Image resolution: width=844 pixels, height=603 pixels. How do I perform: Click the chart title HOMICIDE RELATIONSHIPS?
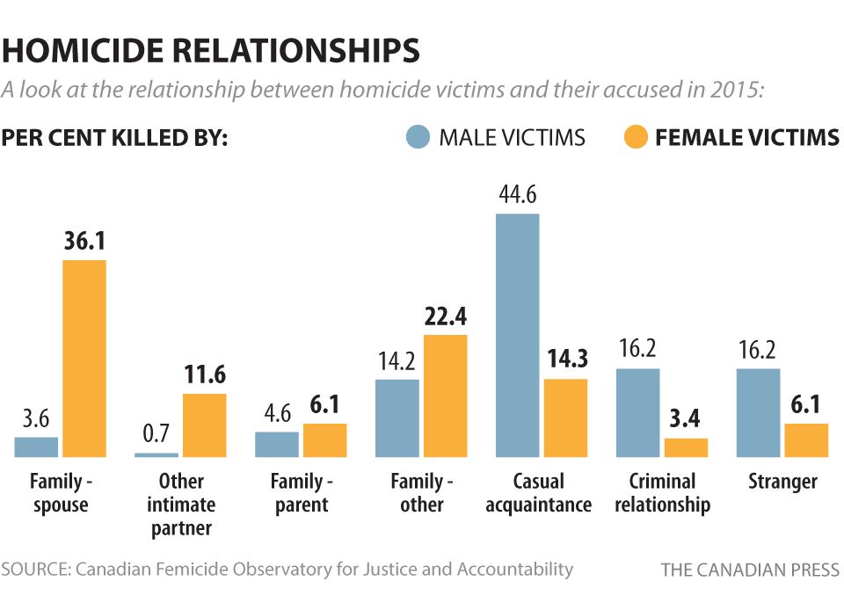211,50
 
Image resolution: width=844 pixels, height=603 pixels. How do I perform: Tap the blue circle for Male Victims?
418,138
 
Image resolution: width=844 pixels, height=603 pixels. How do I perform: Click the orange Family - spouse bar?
84,359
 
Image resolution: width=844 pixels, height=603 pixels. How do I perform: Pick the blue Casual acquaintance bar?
517,335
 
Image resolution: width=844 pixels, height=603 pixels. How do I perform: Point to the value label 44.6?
517,194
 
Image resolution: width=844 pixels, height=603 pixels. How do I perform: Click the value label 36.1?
84,241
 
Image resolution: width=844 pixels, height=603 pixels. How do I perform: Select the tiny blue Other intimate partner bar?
156,454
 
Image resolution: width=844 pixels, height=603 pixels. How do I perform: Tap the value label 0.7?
156,433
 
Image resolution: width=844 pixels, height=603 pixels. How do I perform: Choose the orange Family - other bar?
445,396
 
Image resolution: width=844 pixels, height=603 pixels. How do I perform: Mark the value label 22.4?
445,316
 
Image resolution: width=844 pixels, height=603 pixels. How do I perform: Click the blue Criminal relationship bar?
637,412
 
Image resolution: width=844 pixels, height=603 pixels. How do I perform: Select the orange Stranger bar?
806,440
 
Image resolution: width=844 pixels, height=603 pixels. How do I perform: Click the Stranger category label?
782,482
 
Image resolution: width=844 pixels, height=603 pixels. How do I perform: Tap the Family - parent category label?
302,493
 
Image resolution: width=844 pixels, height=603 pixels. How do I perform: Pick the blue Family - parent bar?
277,444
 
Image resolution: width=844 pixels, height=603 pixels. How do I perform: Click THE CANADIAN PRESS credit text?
750,570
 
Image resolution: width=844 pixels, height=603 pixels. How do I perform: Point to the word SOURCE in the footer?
35,570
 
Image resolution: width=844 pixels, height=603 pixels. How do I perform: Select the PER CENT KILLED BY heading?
115,139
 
